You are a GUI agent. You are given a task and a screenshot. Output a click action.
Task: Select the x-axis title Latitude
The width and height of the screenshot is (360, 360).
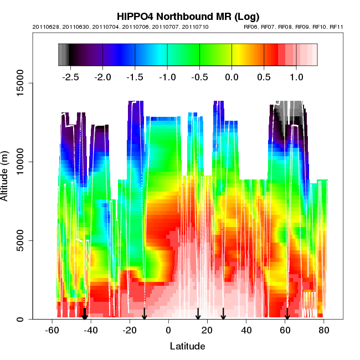187,346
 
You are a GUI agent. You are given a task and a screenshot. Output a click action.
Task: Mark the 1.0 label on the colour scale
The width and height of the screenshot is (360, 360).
296,77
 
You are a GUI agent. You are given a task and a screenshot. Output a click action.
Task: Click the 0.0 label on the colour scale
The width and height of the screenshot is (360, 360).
232,77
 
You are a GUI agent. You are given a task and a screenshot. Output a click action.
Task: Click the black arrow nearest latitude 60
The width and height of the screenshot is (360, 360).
287,314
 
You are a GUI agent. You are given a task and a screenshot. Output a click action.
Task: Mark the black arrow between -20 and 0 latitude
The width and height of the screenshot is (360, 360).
144,313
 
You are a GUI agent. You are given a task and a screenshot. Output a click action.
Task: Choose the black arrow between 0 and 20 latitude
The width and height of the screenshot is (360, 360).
198,313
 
